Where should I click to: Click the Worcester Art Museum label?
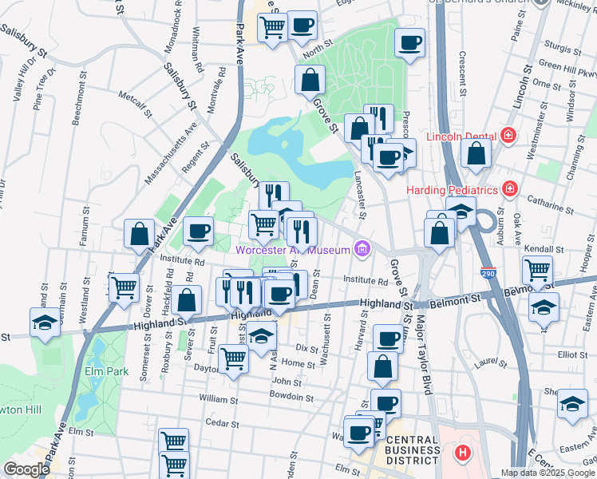(292, 251)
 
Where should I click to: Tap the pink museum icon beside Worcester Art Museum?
(362, 251)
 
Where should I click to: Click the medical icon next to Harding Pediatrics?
(508, 190)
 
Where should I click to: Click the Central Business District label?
(412, 450)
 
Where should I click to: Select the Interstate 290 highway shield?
(488, 274)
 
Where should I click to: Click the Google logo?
(27, 469)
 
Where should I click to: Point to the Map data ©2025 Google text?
(547, 473)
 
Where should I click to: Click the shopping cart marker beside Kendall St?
(537, 270)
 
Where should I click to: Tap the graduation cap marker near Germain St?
(45, 323)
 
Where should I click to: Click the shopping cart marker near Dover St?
(124, 287)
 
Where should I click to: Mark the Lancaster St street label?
(360, 196)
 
